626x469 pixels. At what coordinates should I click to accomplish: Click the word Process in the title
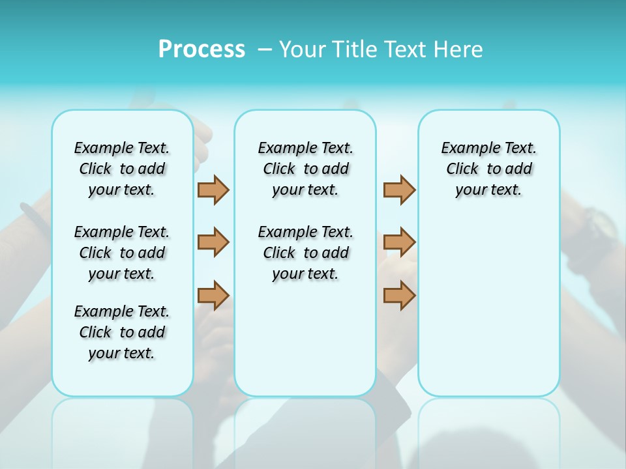201,50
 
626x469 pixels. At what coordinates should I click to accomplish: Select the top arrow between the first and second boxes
213,190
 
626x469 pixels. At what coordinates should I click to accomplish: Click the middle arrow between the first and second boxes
213,242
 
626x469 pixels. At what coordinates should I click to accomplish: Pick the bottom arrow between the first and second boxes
213,296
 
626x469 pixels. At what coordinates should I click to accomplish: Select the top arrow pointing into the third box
399,190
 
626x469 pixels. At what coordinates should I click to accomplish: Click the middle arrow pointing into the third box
399,242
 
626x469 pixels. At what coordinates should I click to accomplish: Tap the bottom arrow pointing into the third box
399,296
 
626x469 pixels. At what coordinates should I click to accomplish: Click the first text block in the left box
122,169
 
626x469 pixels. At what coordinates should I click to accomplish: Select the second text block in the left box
122,253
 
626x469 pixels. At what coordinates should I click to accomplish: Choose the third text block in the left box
122,332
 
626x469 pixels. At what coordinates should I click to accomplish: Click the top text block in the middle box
305,169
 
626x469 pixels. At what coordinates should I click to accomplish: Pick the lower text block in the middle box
305,253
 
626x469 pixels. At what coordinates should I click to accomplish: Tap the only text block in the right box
488,169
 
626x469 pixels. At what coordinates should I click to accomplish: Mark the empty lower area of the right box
488,313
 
